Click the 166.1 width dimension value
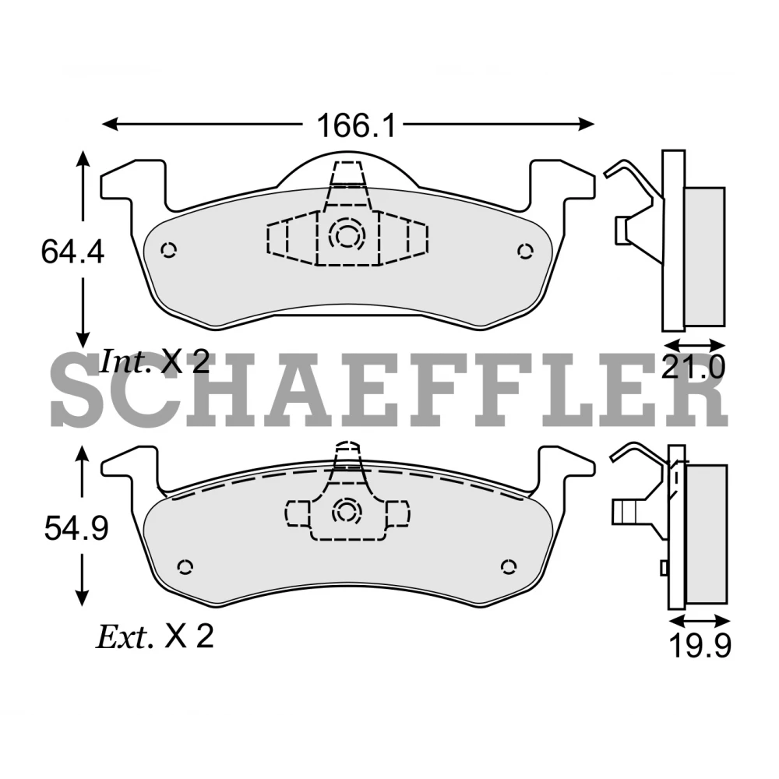pyautogui.click(x=355, y=125)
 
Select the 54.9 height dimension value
pyautogui.click(x=75, y=530)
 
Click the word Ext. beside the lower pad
pyautogui.click(x=123, y=638)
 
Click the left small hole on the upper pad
pyautogui.click(x=168, y=249)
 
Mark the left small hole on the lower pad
pyautogui.click(x=185, y=566)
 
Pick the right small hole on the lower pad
pyautogui.click(x=509, y=566)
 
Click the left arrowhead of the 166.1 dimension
pyautogui.click(x=109, y=124)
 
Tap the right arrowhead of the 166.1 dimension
pyautogui.click(x=589, y=124)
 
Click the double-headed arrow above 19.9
pyautogui.click(x=700, y=620)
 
